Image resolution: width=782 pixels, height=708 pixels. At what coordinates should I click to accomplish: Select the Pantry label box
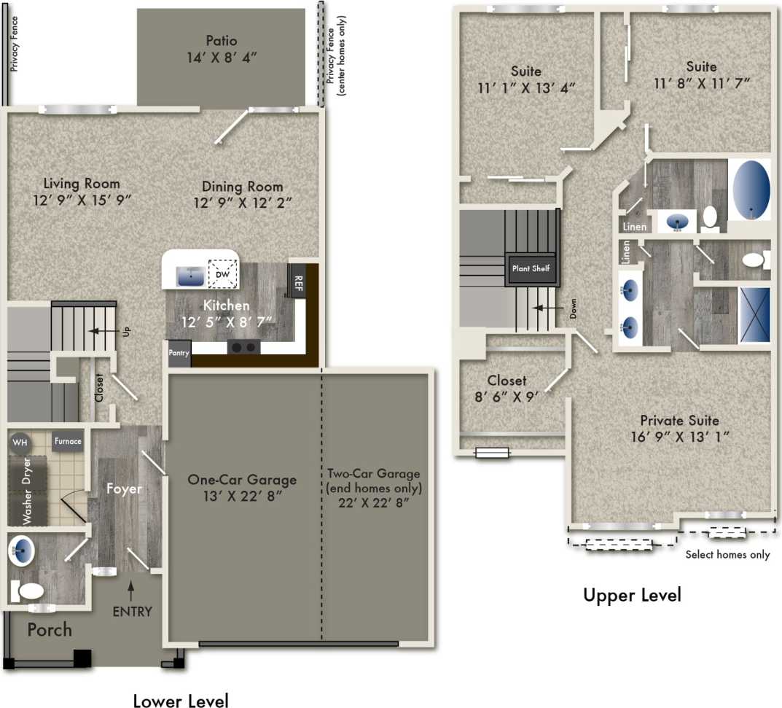[x=179, y=354]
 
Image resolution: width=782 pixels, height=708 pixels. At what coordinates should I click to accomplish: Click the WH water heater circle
[x=20, y=442]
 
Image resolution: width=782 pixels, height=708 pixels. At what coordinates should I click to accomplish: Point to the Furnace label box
[x=67, y=441]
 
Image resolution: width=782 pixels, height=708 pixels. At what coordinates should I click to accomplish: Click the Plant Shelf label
[x=532, y=268]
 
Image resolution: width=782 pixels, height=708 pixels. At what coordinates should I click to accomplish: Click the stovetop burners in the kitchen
[x=244, y=347]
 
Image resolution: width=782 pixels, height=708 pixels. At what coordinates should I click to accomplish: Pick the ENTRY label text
[x=132, y=611]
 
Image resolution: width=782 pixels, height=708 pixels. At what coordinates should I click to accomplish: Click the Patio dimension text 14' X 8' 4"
[x=221, y=58]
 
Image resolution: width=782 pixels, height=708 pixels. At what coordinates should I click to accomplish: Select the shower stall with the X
[x=754, y=314]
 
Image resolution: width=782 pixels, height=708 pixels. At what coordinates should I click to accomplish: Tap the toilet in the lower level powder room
[x=29, y=589]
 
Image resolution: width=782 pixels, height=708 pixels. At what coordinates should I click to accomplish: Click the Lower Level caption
[x=180, y=700]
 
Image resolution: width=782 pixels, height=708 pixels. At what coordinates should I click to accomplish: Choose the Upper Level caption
[x=631, y=595]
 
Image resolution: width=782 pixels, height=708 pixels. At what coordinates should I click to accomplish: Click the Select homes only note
[x=727, y=555]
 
